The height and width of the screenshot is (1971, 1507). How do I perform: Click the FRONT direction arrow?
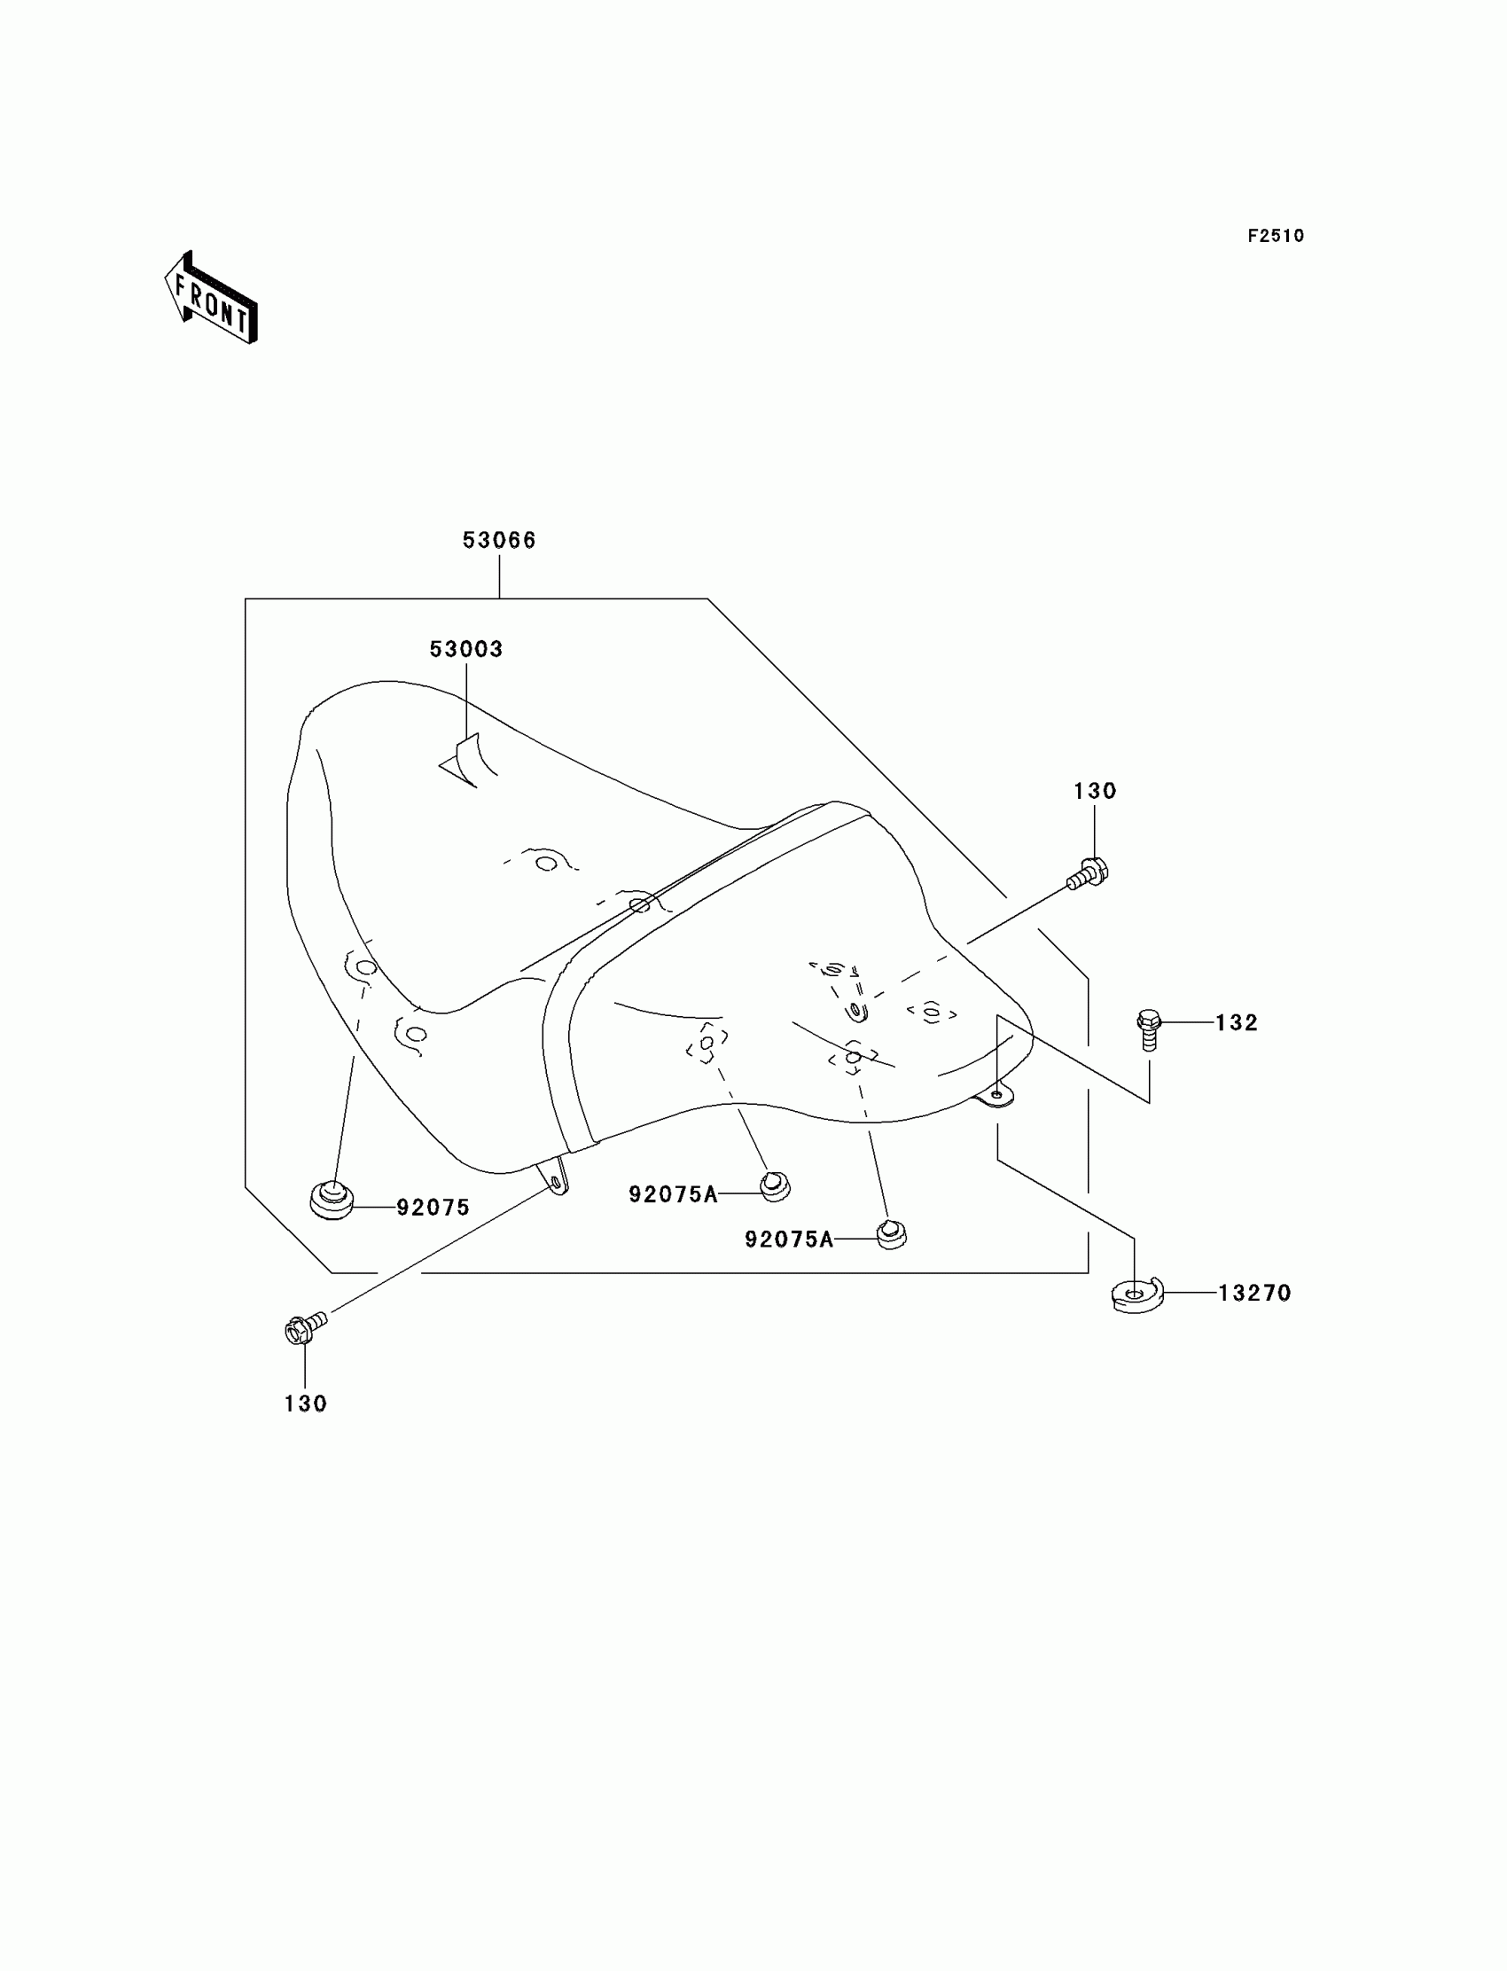212,298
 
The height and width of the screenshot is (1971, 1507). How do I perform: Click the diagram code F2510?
1275,236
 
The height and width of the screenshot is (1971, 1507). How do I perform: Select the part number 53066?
499,540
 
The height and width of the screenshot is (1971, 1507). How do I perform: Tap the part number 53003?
465,649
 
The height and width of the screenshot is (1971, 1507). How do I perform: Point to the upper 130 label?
1095,790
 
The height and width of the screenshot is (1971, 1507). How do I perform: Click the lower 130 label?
305,1404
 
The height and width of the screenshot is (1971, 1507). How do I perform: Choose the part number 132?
1236,1022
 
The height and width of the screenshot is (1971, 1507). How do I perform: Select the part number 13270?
1254,1293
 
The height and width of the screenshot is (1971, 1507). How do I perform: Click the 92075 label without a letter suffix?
433,1208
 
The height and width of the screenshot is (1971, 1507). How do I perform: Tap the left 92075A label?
673,1194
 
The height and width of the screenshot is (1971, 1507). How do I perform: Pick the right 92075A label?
788,1239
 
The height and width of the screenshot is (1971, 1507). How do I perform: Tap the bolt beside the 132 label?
1149,1029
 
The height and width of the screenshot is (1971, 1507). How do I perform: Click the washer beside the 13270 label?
1136,1295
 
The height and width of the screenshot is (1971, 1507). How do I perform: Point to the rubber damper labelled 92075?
332,1201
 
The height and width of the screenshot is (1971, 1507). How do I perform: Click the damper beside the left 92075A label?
775,1187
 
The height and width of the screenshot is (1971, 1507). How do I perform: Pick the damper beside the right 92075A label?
891,1233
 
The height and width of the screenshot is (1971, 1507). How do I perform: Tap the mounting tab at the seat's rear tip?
996,1096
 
